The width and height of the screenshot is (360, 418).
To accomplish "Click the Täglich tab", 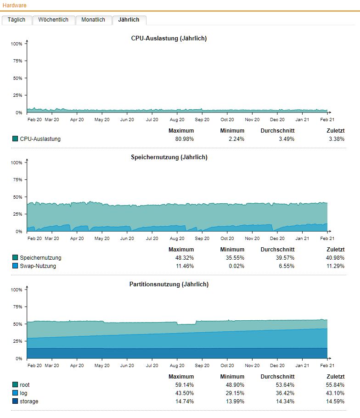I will (x=17, y=20).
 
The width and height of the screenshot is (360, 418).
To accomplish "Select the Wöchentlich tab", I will (x=53, y=20).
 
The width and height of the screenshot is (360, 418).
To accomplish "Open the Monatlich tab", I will (x=93, y=20).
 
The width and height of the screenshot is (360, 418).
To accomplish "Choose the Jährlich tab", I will (x=129, y=20).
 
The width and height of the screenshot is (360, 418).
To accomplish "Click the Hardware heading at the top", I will (x=15, y=6).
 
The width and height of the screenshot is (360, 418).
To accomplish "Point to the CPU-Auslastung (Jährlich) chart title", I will (x=169, y=39).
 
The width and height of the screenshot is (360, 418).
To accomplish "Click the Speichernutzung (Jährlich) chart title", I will (x=169, y=157).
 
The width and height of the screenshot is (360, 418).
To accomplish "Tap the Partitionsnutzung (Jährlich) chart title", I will (x=169, y=284).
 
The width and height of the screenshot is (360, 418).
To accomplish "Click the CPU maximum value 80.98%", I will (x=181, y=139).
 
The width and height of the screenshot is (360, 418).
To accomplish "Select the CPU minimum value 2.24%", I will (x=236, y=139).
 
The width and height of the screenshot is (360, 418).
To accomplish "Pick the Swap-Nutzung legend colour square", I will (x=15, y=266).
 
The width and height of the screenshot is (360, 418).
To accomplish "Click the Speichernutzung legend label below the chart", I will (x=40, y=258).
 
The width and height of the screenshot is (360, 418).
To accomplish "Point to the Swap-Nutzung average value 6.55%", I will (x=287, y=266).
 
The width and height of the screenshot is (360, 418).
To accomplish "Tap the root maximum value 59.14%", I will (x=181, y=385).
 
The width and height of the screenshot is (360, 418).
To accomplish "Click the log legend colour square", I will (x=15, y=393).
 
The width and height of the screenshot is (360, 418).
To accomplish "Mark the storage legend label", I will (x=29, y=401).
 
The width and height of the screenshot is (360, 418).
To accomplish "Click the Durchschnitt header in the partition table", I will (x=277, y=377).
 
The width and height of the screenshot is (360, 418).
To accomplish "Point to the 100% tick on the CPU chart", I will (x=17, y=44).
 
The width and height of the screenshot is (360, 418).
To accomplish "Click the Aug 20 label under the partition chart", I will (x=177, y=366).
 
